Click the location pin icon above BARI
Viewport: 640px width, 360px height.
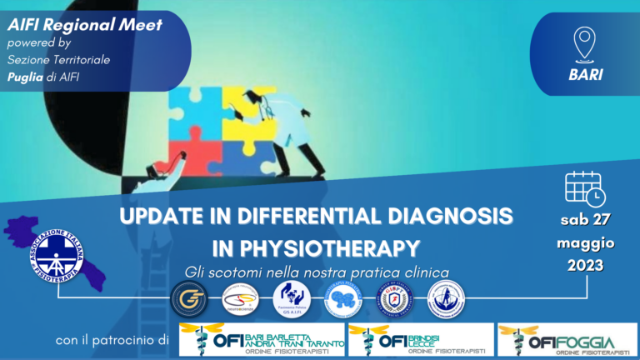point(585,42)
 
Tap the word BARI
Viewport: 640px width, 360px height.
point(585,73)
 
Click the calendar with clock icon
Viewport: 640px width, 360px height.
point(584,188)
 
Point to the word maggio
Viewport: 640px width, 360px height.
point(585,244)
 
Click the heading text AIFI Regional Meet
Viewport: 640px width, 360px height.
point(84,24)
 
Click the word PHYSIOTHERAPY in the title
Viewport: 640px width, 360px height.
point(343,247)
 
